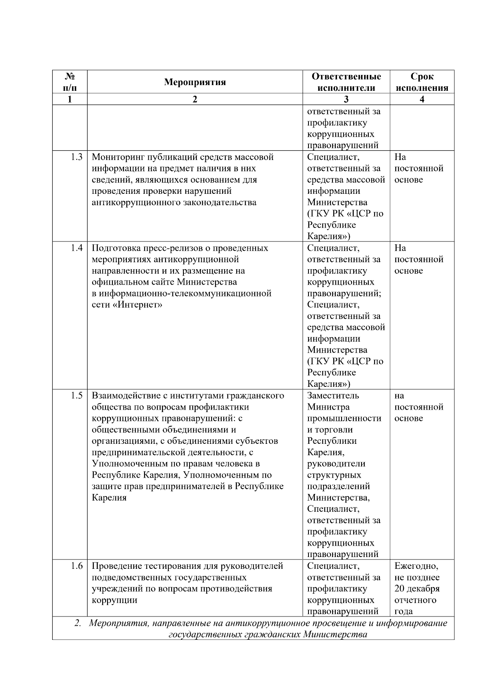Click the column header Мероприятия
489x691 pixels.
(195, 82)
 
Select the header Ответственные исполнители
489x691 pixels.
(346, 82)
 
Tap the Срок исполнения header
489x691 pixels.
(422, 82)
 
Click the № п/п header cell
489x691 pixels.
(70, 82)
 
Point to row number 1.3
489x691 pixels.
(76, 157)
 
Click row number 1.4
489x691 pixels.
(76, 248)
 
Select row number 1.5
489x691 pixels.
(76, 396)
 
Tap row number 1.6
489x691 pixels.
(76, 566)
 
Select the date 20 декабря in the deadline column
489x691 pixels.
(417, 589)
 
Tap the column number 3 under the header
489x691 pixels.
(346, 99)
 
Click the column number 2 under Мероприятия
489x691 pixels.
(195, 99)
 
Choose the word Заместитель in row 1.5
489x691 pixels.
(333, 396)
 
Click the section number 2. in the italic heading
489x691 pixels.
(78, 623)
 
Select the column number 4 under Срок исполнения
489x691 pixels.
(422, 99)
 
